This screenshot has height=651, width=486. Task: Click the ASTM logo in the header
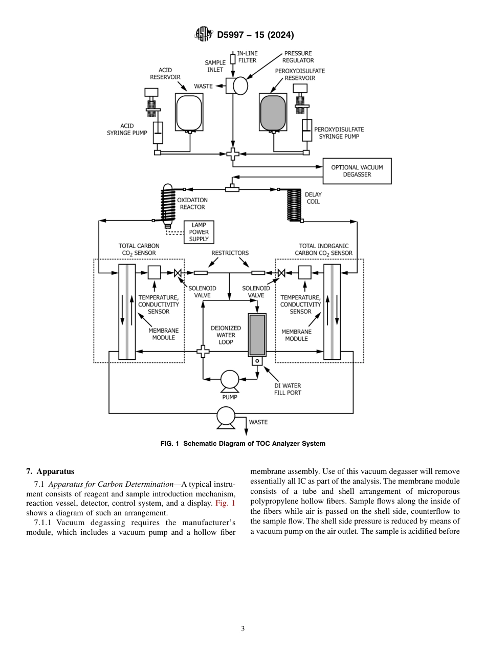[x=203, y=35]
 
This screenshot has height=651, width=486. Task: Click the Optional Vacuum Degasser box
[x=357, y=171]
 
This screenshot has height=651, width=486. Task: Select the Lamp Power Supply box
[x=199, y=232]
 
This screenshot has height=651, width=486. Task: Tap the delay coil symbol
[x=294, y=205]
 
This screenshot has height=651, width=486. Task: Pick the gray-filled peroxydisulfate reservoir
[x=273, y=113]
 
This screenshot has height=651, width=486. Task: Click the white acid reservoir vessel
[x=189, y=113]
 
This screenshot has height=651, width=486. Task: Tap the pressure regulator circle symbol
[x=240, y=86]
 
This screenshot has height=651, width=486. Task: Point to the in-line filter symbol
[x=233, y=59]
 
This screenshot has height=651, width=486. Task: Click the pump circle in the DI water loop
[x=230, y=379]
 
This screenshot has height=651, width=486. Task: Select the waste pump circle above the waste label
[x=226, y=416]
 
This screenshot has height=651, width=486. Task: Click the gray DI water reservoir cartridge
[x=257, y=335]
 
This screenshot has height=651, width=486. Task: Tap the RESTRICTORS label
[x=230, y=253]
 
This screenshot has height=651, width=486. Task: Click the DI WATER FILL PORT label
[x=288, y=389]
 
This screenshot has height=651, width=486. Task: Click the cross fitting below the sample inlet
[x=233, y=153]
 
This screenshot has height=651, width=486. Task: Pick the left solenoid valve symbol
[x=178, y=273]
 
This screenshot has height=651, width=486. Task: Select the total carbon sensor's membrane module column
[x=127, y=312]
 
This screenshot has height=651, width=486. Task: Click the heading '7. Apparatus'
[x=50, y=471]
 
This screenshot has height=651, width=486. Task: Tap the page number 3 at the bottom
[x=242, y=628]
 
